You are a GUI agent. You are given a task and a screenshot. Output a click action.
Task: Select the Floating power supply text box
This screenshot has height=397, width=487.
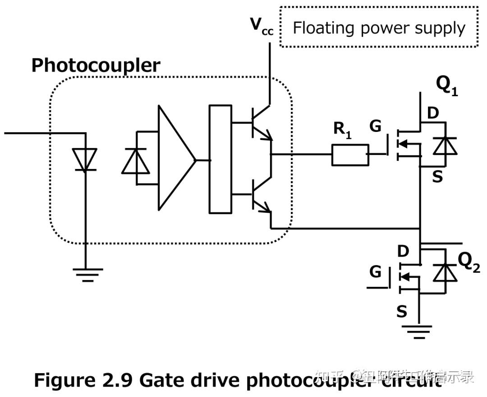(378, 27)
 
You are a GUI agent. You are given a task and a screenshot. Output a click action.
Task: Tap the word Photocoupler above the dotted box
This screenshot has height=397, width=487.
(96, 65)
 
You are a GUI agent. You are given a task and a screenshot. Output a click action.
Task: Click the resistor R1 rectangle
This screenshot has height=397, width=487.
(350, 155)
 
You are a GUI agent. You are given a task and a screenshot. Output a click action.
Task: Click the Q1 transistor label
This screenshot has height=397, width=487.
(447, 85)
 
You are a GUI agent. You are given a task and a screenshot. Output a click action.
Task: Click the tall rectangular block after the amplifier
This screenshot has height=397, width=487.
(221, 159)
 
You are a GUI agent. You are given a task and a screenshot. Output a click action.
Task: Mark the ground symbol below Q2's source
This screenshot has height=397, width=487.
(419, 332)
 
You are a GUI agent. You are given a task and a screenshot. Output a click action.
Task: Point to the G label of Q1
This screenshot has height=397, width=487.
(375, 127)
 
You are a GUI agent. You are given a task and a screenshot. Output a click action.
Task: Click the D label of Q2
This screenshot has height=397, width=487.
(403, 251)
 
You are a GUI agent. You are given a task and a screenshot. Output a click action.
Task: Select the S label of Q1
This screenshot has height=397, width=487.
(437, 177)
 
